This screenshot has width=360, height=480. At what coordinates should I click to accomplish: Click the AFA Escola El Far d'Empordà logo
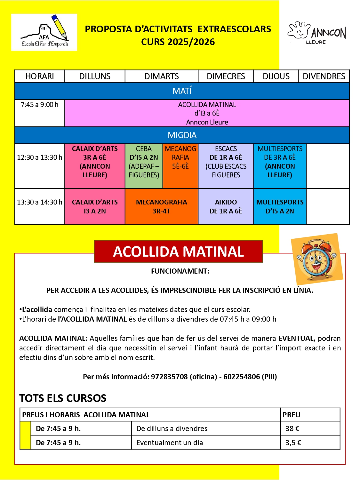[44, 32]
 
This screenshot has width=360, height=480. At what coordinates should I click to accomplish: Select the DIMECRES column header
[226, 76]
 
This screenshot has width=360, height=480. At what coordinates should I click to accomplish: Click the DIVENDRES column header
[324, 76]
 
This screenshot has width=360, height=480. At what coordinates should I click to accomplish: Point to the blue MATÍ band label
[182, 91]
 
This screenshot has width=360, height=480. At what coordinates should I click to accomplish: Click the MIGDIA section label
[182, 135]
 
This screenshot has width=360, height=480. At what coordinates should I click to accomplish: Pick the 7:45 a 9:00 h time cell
[40, 105]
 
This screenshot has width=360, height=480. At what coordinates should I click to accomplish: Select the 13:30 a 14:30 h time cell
[40, 202]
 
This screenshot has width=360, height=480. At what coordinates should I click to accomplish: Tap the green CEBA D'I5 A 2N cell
[144, 162]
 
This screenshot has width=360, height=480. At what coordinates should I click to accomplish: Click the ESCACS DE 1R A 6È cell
[226, 162]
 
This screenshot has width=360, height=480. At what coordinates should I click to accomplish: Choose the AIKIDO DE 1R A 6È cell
[226, 207]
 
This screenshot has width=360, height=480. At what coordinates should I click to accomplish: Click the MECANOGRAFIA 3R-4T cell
[161, 207]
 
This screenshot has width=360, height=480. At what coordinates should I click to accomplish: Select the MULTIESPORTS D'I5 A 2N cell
[280, 207]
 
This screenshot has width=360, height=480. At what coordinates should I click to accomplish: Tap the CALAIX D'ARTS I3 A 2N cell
[95, 207]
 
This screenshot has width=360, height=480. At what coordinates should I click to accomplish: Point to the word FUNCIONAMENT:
[180, 271]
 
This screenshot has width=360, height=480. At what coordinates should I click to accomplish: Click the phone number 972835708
[169, 377]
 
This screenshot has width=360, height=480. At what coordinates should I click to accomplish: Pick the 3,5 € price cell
[293, 443]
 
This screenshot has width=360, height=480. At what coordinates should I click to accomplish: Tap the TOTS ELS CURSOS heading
[63, 398]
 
